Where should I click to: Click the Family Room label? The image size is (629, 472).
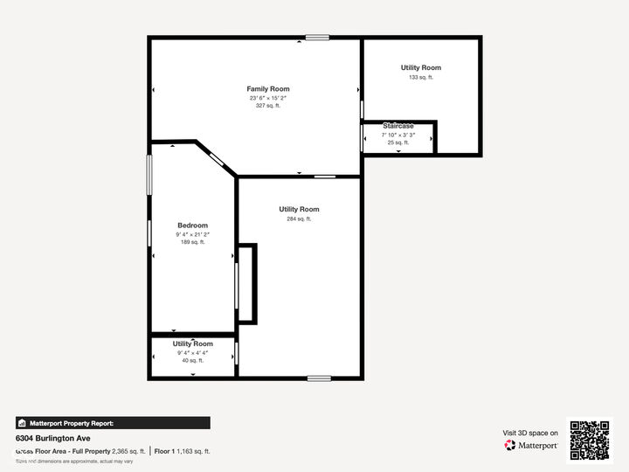tap(267, 89)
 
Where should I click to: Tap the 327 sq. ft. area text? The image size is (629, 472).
tap(267, 106)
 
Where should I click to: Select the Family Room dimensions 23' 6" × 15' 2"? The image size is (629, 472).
tap(267, 98)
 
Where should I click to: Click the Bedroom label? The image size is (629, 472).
tap(192, 226)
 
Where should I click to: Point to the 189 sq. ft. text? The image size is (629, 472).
tap(192, 242)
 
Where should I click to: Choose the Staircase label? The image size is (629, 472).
tap(398, 127)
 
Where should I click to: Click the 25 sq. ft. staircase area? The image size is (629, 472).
tap(398, 142)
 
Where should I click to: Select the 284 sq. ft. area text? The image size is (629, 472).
tap(299, 219)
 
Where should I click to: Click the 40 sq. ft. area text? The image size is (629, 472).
tap(192, 360)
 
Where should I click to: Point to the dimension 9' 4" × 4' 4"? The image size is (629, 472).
tap(192, 352)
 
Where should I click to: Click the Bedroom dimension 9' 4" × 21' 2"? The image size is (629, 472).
tap(192, 234)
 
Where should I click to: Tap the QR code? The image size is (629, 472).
tap(590, 440)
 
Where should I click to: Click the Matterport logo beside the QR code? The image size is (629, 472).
tap(531, 445)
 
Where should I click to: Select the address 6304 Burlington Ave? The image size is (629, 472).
tap(53, 438)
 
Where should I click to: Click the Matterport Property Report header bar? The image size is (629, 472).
tap(113, 422)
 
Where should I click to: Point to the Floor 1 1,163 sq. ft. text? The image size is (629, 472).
tap(182, 451)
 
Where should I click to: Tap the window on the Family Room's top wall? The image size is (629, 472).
tap(317, 38)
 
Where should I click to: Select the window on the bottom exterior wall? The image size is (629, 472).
tap(319, 378)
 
